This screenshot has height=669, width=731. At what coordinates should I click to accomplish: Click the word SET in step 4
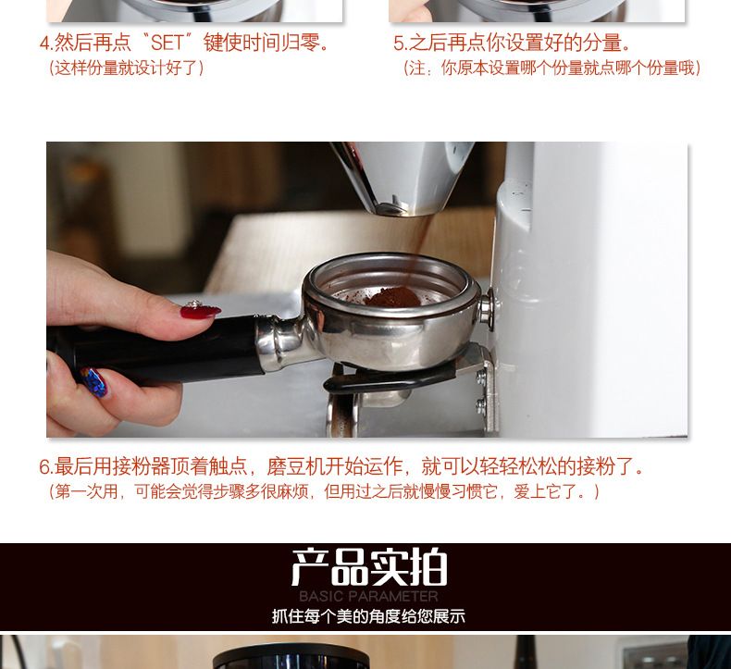point(167,43)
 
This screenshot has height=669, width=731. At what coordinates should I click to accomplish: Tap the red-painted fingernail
point(200,311)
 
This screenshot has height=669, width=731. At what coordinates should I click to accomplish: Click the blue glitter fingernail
point(94,381)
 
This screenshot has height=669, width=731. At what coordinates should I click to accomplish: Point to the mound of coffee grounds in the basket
point(392,296)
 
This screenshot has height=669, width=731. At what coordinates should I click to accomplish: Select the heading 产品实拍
point(369,567)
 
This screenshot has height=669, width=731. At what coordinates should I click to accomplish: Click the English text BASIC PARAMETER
point(369,596)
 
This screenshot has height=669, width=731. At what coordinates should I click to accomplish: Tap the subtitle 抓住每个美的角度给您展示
point(369,616)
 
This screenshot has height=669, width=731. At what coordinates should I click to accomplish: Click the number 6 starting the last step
point(44,466)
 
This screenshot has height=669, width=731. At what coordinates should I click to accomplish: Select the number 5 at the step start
point(399,43)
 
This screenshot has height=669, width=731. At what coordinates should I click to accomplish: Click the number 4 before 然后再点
point(44,43)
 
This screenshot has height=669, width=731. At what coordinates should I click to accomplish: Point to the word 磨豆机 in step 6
point(295,466)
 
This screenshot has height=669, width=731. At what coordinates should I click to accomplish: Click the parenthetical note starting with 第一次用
point(324,491)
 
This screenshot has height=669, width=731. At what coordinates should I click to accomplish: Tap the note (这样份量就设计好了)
point(127,68)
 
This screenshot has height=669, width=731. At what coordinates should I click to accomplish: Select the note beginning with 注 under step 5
point(552,68)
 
